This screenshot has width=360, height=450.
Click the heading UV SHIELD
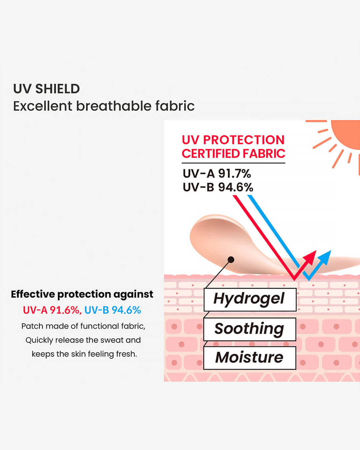pyautogui.click(x=46, y=89)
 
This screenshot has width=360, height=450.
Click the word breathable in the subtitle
pyautogui.click(x=114, y=106)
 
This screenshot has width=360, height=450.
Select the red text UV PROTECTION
pyautogui.click(x=233, y=140)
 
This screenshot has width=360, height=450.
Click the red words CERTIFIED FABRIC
pyautogui.click(x=233, y=153)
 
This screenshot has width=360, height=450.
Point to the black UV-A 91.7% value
pyautogui.click(x=217, y=174)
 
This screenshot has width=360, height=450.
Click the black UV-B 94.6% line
pyautogui.click(x=218, y=187)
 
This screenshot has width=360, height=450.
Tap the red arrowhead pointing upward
pyautogui.click(x=310, y=258)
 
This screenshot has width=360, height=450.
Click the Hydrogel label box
pyautogui.click(x=250, y=300)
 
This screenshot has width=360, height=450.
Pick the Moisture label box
pyautogui.click(x=250, y=358)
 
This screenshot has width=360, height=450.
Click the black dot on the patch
pyautogui.click(x=231, y=260)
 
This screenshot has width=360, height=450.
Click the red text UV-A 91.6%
pyautogui.click(x=52, y=310)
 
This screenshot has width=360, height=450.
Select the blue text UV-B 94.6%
pyautogui.click(x=113, y=310)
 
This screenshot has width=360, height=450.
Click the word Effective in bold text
pyautogui.click(x=33, y=294)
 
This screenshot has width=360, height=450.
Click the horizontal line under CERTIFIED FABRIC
pyautogui.click(x=233, y=163)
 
